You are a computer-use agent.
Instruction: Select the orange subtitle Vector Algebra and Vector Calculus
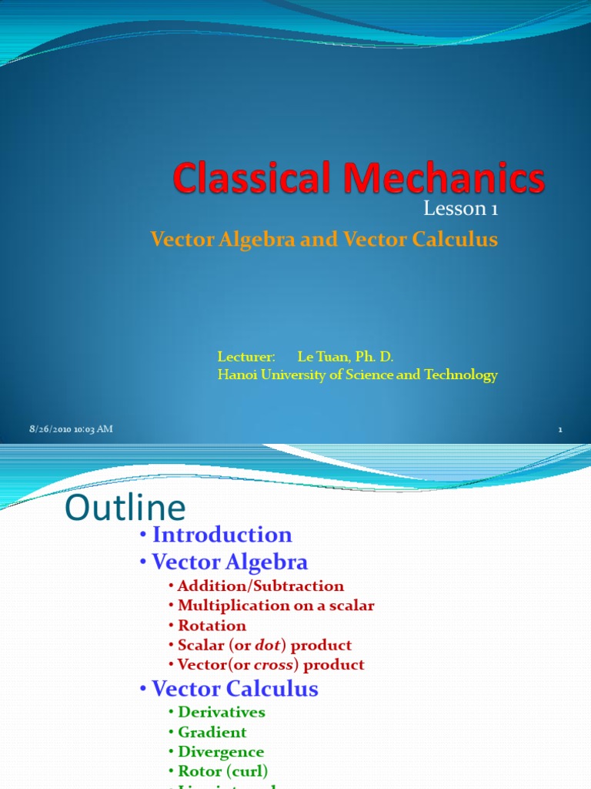click(x=324, y=240)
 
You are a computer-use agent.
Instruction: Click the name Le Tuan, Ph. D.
click(x=345, y=357)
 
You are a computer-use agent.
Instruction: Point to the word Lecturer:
click(x=245, y=357)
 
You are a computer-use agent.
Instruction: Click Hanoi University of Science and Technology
click(x=357, y=375)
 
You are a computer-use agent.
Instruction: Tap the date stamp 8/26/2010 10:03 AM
click(x=71, y=429)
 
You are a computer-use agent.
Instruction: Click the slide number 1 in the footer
click(x=560, y=430)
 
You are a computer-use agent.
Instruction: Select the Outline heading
click(x=125, y=509)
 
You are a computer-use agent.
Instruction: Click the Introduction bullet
click(x=222, y=535)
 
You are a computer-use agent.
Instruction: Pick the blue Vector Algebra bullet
click(x=229, y=562)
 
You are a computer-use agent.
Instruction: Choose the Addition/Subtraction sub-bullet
click(x=260, y=586)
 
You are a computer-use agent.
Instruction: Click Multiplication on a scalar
click(x=275, y=606)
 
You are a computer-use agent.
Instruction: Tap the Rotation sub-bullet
click(x=212, y=626)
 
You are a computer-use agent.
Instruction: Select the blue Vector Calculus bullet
click(x=235, y=689)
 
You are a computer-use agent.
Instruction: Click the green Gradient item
click(x=212, y=732)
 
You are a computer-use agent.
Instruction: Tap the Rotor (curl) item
click(x=222, y=771)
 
